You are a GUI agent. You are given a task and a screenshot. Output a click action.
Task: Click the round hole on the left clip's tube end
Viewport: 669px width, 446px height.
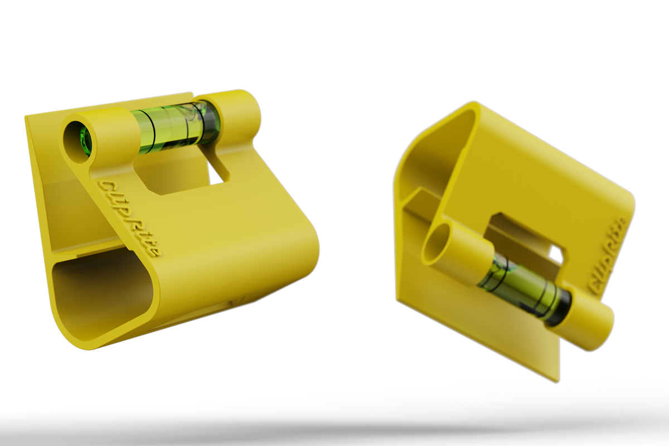tap(80, 142)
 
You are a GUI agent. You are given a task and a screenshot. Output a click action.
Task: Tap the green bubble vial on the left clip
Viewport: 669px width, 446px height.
tap(176, 128)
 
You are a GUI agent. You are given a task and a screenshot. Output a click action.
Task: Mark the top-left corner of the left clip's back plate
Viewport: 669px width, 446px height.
tap(25, 117)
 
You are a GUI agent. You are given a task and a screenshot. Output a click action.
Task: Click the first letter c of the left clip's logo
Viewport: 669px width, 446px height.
tap(104, 185)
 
